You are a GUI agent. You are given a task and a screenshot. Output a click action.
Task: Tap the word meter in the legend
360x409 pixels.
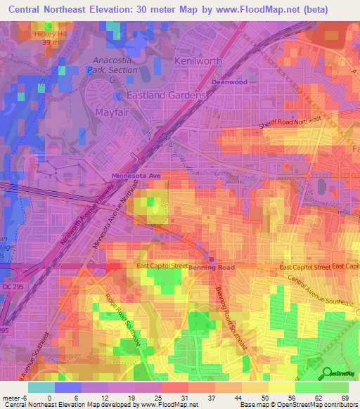[x=12, y=397]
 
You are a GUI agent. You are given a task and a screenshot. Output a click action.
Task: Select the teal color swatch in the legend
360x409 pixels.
[x=41, y=387]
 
